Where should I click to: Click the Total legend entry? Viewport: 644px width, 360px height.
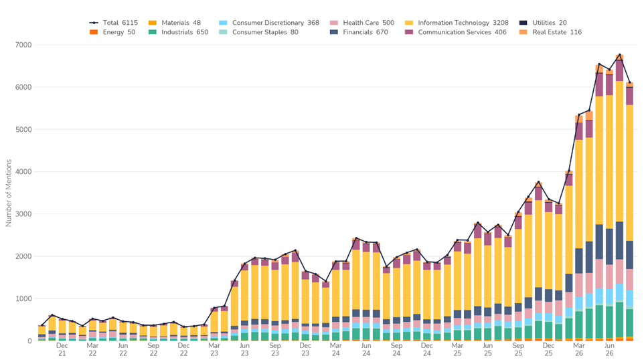[114, 23]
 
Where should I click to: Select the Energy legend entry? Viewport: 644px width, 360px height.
[112, 32]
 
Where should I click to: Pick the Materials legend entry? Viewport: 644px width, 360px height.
[175, 23]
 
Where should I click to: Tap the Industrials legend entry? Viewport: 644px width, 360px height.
[178, 32]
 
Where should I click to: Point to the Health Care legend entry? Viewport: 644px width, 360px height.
[362, 23]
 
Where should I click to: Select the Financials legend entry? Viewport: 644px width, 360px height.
[359, 32]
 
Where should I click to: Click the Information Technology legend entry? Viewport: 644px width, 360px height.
[457, 23]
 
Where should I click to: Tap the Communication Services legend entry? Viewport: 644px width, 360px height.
[455, 32]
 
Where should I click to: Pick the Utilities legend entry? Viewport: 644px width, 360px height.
[543, 23]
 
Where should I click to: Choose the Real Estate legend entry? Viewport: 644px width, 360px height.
[550, 32]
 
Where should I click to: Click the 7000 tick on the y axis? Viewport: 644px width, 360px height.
[23, 45]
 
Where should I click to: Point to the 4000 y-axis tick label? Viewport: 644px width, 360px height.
[23, 171]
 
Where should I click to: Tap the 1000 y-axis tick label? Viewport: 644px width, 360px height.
[23, 298]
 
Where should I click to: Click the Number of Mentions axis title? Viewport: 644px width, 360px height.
[9, 193]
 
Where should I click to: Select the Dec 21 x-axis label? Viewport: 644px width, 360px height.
[62, 349]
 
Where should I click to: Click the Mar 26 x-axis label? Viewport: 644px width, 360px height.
[578, 349]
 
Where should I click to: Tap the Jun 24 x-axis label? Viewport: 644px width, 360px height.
[366, 349]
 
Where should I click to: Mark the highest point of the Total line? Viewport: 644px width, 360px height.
[619, 55]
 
